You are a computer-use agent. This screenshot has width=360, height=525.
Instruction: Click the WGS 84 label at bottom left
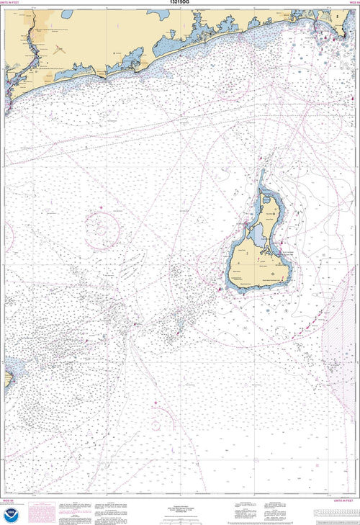tap(9, 499)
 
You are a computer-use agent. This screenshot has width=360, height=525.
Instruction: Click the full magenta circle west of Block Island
tap(102, 230)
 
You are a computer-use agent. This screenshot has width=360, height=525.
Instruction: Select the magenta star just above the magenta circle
tap(101, 208)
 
